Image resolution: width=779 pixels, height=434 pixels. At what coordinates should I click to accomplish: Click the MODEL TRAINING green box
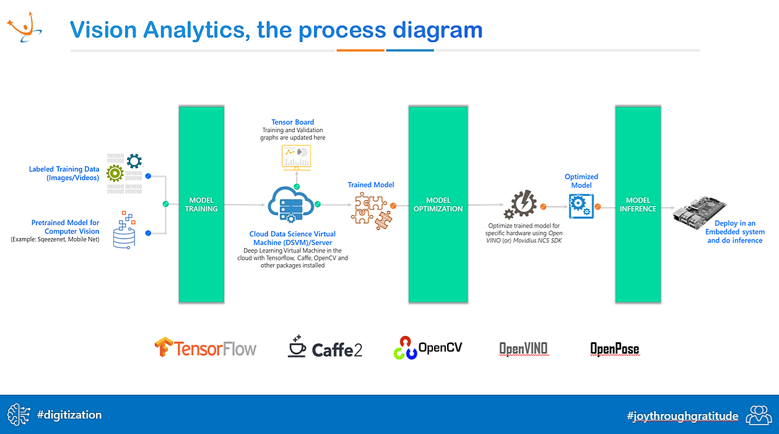pyautogui.click(x=201, y=204)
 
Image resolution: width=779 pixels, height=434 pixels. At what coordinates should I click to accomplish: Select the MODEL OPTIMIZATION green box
pyautogui.click(x=438, y=204)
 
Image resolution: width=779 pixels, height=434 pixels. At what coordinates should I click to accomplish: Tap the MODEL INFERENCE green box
pyautogui.click(x=638, y=204)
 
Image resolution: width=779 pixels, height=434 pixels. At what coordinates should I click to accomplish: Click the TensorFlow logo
pyautogui.click(x=206, y=347)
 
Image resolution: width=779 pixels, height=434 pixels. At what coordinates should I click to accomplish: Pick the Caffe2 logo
pyautogui.click(x=325, y=347)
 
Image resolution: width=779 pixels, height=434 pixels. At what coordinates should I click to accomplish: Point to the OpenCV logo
pyautogui.click(x=428, y=348)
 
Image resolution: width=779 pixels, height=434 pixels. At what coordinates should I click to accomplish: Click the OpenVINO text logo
pyautogui.click(x=523, y=348)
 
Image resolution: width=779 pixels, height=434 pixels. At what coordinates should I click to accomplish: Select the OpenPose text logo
pyautogui.click(x=614, y=349)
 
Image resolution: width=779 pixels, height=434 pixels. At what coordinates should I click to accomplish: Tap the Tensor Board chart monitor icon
pyautogui.click(x=296, y=157)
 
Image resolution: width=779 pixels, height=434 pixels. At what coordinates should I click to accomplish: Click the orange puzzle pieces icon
pyautogui.click(x=372, y=211)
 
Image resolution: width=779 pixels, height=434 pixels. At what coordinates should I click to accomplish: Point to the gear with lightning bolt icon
pyautogui.click(x=520, y=205)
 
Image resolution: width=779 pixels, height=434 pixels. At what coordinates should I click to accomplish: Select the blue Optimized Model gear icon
pyautogui.click(x=581, y=206)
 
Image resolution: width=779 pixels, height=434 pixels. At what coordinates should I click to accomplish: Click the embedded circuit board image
pyautogui.click(x=699, y=212)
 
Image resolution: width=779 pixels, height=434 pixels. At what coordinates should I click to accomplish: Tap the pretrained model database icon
pyautogui.click(x=124, y=229)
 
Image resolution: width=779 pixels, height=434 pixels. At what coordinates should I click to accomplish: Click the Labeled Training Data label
pyautogui.click(x=64, y=173)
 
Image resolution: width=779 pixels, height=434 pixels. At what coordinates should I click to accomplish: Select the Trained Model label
pyautogui.click(x=371, y=185)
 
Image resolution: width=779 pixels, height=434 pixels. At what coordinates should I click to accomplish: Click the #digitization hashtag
pyautogui.click(x=69, y=415)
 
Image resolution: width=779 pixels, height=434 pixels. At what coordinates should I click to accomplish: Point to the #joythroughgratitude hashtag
pyautogui.click(x=682, y=416)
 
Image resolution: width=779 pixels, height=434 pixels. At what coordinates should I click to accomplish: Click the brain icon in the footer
pyautogui.click(x=19, y=415)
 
